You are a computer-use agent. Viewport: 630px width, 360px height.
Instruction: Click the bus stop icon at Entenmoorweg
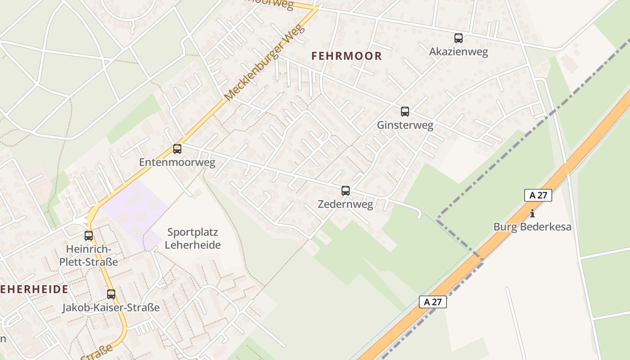tap(177, 149)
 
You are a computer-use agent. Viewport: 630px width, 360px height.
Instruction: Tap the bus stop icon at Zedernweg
tap(346, 191)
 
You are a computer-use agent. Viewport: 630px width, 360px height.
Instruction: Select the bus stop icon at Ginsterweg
tap(405, 112)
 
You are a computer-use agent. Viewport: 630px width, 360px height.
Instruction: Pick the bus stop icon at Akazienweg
tap(459, 38)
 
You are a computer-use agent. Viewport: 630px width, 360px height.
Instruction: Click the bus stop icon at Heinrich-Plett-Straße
tap(89, 235)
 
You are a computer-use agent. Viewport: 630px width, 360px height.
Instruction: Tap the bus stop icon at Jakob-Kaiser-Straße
tap(111, 294)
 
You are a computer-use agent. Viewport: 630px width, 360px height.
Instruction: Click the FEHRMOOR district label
tap(346, 56)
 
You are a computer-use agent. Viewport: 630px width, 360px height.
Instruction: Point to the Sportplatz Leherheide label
tap(193, 238)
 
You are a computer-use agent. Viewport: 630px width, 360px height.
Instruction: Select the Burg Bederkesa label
tap(532, 227)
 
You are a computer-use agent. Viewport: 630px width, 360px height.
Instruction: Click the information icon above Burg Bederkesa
tap(532, 214)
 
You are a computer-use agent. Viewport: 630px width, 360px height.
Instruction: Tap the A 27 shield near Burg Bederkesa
tap(538, 195)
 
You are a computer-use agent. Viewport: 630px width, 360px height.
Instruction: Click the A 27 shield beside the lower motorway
tap(433, 302)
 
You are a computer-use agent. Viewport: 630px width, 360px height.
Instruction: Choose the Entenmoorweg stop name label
tap(177, 162)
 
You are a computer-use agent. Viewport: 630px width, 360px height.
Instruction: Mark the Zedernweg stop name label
tap(345, 204)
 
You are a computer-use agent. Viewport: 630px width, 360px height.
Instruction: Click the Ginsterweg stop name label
tap(405, 125)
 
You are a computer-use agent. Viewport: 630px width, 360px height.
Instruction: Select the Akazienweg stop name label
tap(459, 52)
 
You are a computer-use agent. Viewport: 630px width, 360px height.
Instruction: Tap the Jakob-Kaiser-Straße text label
tap(111, 308)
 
